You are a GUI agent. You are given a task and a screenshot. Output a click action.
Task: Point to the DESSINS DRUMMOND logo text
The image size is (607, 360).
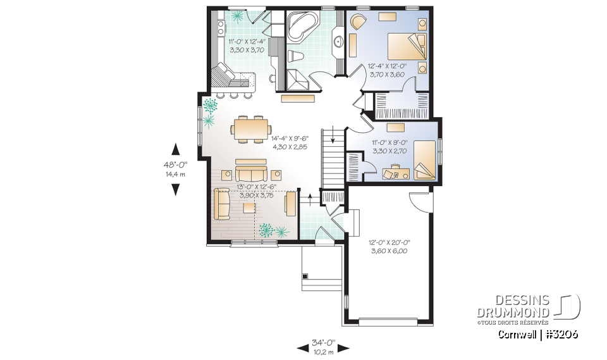(x=522, y=307)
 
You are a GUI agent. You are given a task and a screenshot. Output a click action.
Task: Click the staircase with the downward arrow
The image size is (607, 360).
(x=332, y=155)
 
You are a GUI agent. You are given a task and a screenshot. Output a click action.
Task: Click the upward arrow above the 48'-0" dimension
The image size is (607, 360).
(x=176, y=149)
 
